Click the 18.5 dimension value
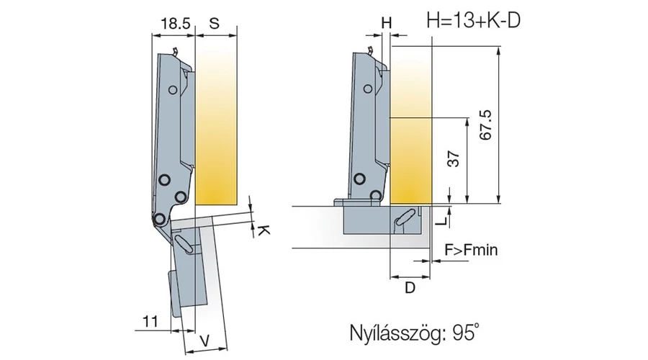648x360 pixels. tap(175, 23)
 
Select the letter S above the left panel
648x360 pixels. tap(214, 23)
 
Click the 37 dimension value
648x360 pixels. tap(453, 160)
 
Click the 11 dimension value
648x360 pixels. tap(150, 322)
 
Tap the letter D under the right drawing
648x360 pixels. tap(410, 288)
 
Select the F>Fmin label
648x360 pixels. tap(472, 251)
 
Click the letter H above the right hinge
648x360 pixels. tap(387, 23)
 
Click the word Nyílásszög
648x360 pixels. tap(391, 334)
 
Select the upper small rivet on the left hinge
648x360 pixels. tap(173, 89)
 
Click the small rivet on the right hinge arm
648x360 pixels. tap(369, 89)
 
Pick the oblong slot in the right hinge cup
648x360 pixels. tap(405, 217)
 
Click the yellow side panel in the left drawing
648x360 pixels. tap(216, 122)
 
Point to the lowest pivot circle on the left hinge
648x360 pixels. tap(158, 218)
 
